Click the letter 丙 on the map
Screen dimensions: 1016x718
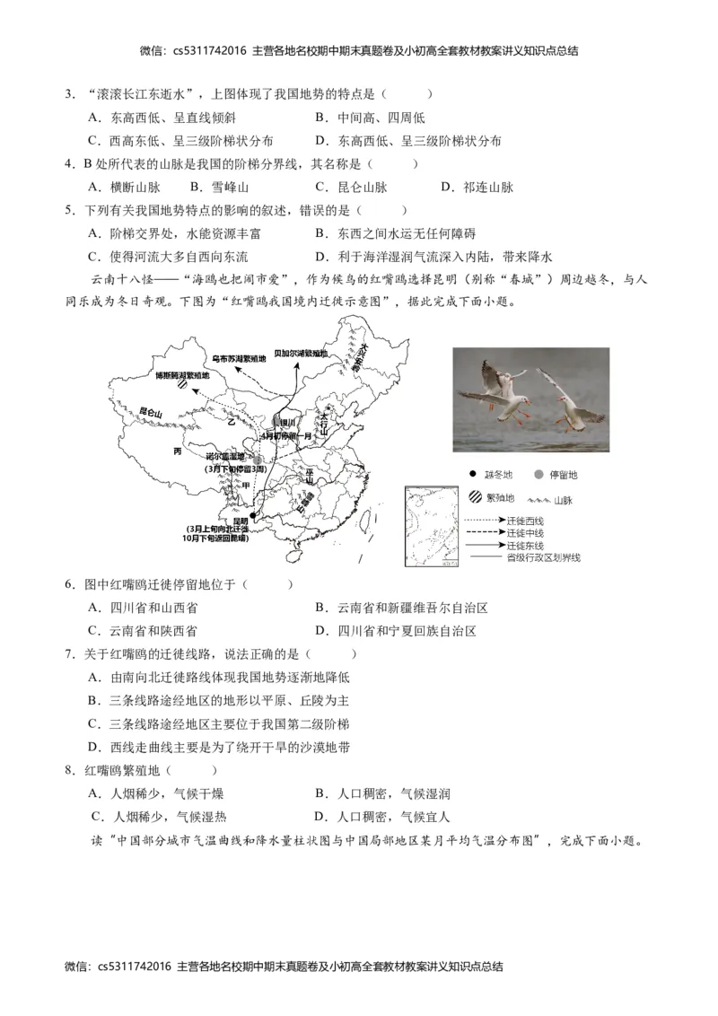pos(178,452)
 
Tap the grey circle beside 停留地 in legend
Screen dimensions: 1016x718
pos(538,474)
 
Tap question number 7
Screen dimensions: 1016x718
pos(69,654)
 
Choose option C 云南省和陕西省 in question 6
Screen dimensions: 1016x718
pos(143,631)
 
